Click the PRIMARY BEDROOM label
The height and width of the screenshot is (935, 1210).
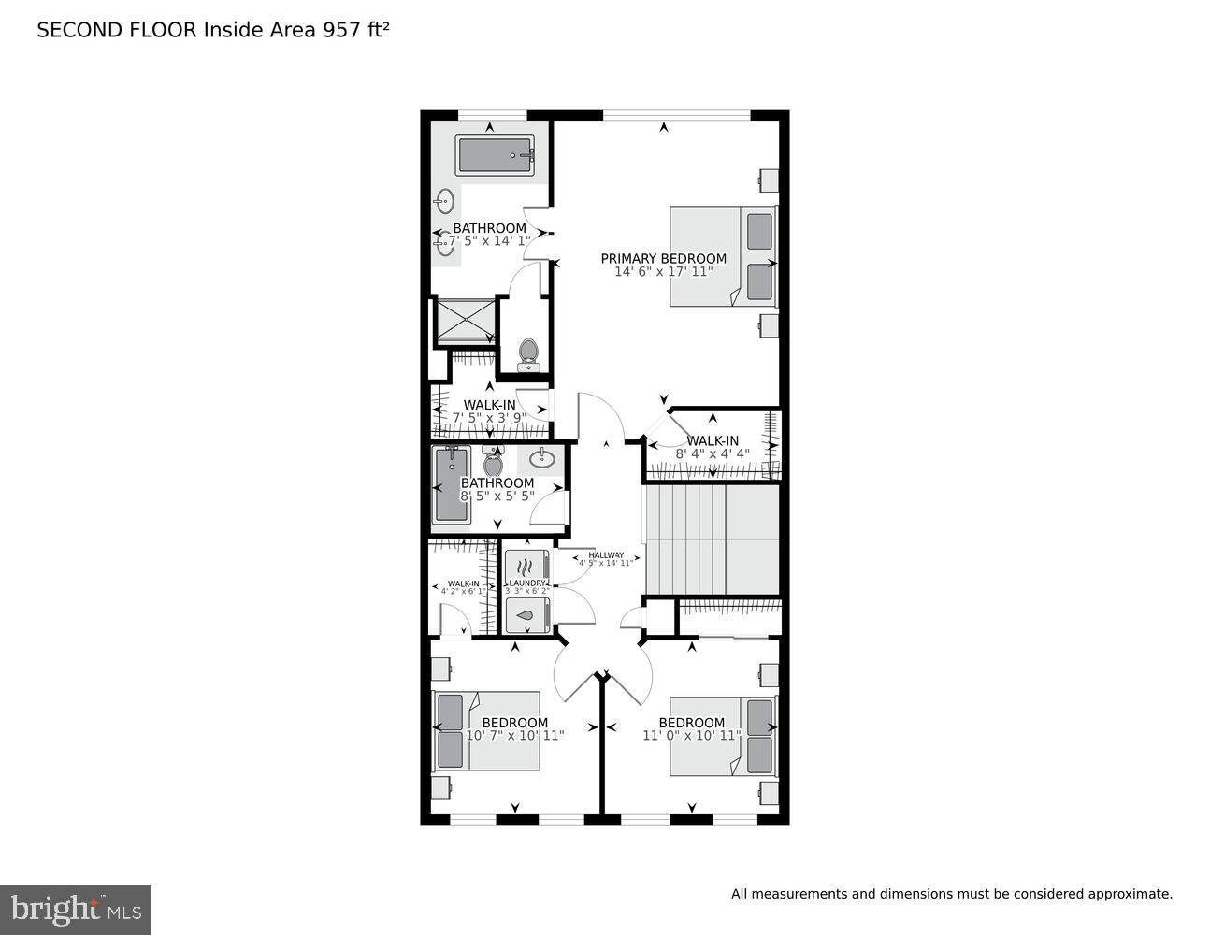[663, 259]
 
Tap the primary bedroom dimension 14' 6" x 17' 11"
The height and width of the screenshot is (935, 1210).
[663, 272]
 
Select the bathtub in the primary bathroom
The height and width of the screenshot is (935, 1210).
[495, 155]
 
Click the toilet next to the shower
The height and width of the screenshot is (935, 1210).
[527, 353]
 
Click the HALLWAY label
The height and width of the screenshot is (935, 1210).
[606, 555]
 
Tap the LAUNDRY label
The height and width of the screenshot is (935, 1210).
[527, 583]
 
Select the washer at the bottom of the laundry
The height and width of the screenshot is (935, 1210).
[527, 616]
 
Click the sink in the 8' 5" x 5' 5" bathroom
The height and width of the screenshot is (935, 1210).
[541, 459]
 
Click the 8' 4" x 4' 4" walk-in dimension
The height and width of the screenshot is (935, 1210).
[713, 454]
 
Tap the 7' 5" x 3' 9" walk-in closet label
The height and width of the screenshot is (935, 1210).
[489, 406]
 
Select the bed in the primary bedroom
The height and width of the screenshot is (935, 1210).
[722, 255]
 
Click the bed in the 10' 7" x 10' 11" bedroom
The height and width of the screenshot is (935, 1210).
[486, 731]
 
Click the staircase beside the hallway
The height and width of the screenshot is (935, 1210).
[711, 538]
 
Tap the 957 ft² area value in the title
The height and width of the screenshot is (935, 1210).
[355, 30]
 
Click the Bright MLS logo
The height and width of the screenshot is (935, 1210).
[76, 910]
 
